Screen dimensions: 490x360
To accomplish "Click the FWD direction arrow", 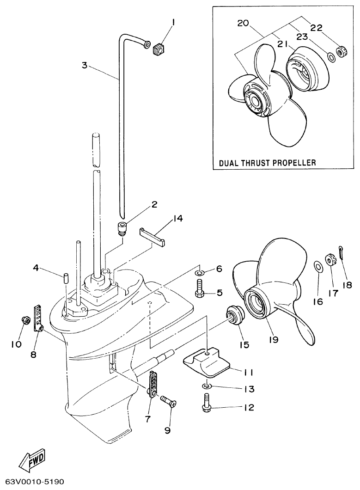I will coord(30,462).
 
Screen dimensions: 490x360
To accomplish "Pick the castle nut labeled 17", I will coord(331,260).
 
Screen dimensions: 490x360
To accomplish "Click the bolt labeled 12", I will coord(206,402).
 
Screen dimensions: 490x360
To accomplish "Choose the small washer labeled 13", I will coord(206,385).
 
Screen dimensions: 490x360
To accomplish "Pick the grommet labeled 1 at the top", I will coord(158,48).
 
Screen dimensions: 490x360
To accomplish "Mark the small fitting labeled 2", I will coord(122,227).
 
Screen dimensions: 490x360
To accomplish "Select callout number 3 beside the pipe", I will coord(84,65).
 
